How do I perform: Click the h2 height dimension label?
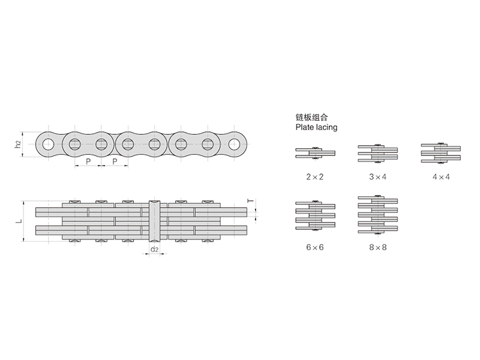[x=18, y=144]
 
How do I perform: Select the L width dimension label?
[x=19, y=221]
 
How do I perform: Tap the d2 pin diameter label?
[x=155, y=250]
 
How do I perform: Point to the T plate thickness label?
[x=251, y=201]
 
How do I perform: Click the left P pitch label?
[x=88, y=161]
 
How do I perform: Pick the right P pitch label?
[x=115, y=161]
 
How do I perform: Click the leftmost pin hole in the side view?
[x=48, y=144]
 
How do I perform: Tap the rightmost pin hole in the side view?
[x=234, y=144]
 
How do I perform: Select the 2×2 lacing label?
[x=314, y=176]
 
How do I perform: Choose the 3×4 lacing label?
[x=378, y=176]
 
